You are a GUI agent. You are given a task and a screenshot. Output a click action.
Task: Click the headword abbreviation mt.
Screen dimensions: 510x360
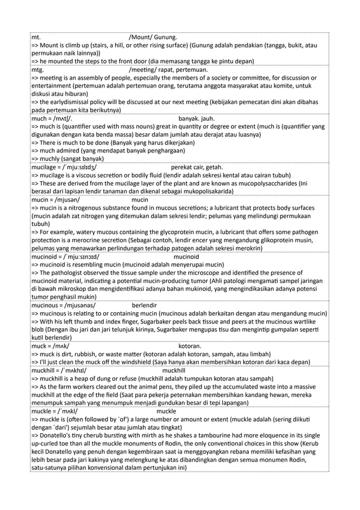click(x=36, y=38)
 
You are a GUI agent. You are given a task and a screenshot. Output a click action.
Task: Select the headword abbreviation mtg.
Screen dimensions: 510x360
click(x=38, y=70)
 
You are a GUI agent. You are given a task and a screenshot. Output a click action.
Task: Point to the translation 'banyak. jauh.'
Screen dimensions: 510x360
click(x=197, y=119)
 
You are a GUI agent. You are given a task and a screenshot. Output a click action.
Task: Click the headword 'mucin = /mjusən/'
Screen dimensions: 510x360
click(x=55, y=200)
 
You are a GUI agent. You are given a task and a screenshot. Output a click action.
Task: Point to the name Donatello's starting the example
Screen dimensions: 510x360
click(x=58, y=435)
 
